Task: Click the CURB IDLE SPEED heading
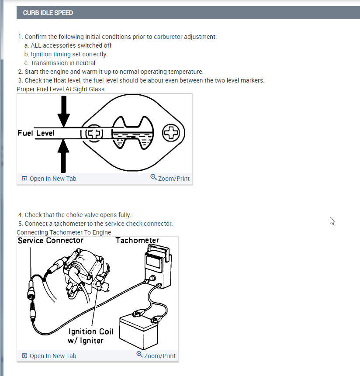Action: click(x=48, y=13)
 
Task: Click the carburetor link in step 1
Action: click(x=168, y=37)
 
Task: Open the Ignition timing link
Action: click(x=50, y=54)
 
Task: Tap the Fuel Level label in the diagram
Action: click(x=36, y=133)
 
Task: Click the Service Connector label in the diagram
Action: click(x=50, y=241)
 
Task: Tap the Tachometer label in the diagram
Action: click(x=137, y=241)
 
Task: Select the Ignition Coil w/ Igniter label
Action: click(x=90, y=336)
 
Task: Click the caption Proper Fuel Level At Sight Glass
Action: click(x=60, y=89)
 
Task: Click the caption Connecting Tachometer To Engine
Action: click(x=64, y=232)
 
